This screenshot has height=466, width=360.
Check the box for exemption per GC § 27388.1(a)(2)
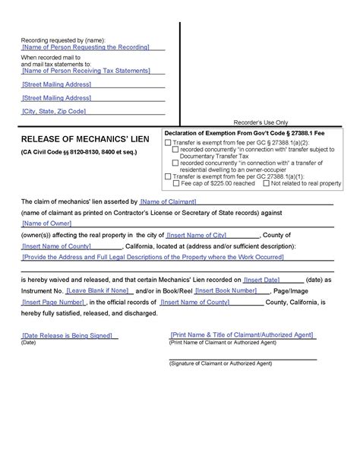(x=168, y=143)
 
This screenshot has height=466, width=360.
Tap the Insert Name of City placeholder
(x=197, y=235)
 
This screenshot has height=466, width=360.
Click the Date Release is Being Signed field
(x=68, y=335)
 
